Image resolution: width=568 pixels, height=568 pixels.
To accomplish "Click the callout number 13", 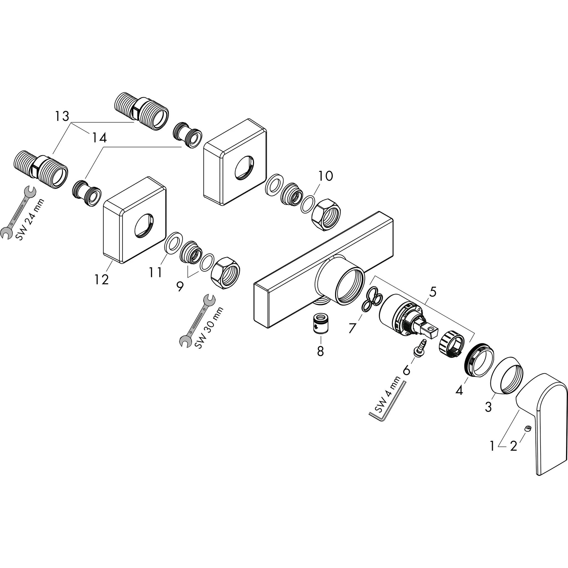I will (x=62, y=116).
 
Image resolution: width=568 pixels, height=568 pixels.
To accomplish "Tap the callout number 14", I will (x=99, y=138).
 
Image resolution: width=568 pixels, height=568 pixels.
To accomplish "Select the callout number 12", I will (x=102, y=279).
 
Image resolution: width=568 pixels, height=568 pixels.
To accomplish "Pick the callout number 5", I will (x=432, y=292).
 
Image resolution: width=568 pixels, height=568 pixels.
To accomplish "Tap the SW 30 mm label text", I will (x=209, y=328).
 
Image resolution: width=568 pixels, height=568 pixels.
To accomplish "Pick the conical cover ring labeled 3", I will (x=507, y=375).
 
